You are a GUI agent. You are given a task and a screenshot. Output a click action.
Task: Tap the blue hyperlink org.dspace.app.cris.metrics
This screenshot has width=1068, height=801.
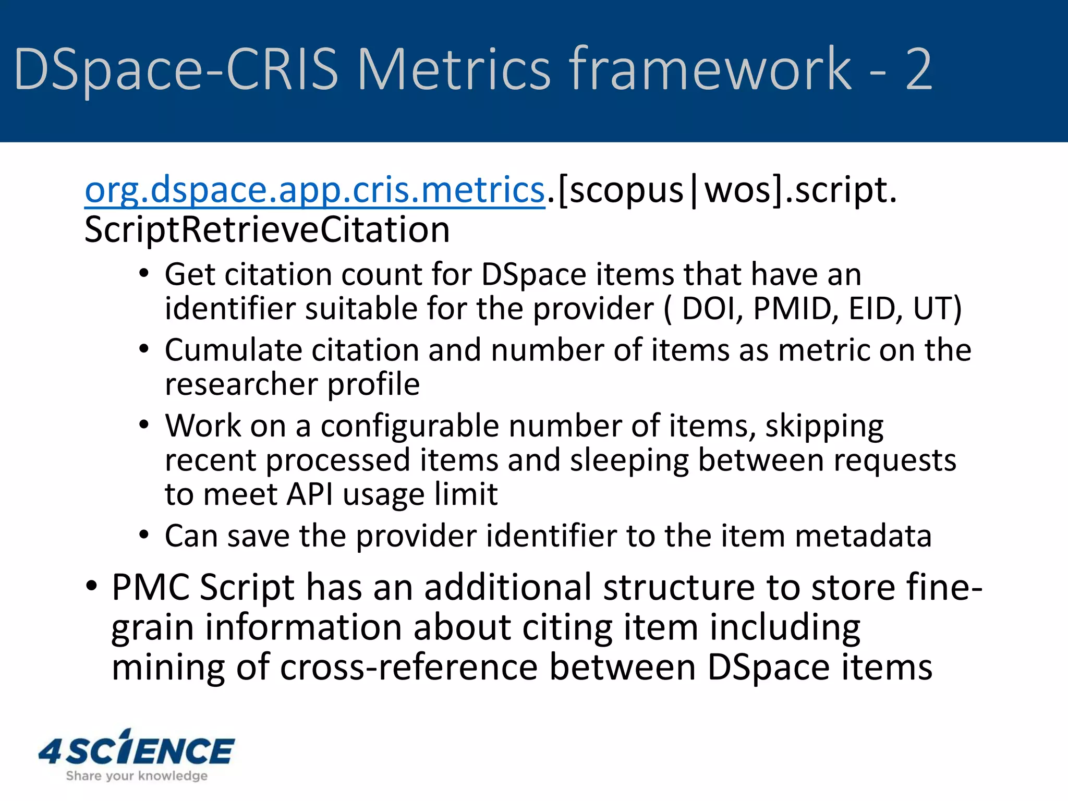tap(314, 190)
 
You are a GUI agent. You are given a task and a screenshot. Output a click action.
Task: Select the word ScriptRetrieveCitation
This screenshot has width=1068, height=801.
tap(267, 230)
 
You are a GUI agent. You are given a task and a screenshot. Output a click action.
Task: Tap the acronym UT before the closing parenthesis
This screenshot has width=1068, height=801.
tap(931, 309)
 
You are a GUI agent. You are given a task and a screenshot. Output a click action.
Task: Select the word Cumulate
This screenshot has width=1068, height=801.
tap(233, 350)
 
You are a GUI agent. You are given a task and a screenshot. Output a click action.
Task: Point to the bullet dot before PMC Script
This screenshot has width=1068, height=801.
tap(92, 587)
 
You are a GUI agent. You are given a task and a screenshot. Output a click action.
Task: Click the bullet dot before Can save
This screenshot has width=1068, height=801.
tap(144, 535)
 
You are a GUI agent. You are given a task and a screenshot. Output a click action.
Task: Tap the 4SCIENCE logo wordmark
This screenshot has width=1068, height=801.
tap(137, 751)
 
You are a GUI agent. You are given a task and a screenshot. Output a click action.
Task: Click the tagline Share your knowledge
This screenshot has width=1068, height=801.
tap(137, 776)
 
